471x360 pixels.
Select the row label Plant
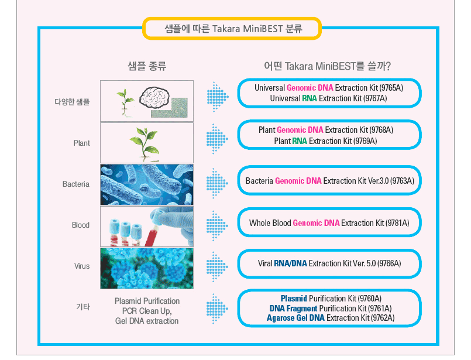[81, 143]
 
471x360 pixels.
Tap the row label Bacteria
[75, 184]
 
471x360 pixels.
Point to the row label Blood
[81, 225]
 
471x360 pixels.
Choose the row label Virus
[82, 266]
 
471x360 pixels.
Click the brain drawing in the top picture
[154, 97]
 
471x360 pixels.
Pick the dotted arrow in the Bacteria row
[217, 183]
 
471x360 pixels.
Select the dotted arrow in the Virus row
[217, 266]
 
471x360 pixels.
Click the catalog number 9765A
[391, 88]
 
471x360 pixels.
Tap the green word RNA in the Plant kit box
[300, 141]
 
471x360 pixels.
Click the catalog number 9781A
[397, 223]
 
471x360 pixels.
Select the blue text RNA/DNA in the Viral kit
[290, 263]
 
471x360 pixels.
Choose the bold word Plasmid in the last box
[294, 299]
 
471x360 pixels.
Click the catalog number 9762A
[383, 318]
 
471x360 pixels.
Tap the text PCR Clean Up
[147, 311]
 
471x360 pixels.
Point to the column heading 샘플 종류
[147, 66]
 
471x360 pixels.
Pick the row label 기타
[83, 307]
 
